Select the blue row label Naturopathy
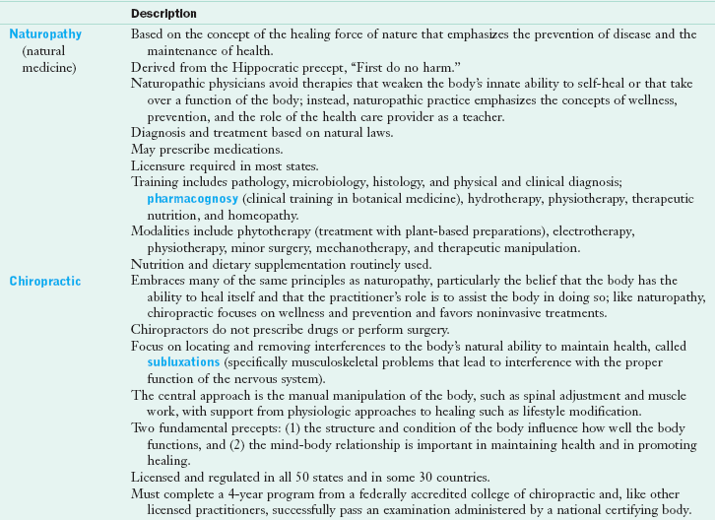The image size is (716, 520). (45, 33)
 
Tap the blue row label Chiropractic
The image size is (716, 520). (45, 281)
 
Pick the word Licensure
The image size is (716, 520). (158, 165)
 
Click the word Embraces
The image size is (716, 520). (159, 281)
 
